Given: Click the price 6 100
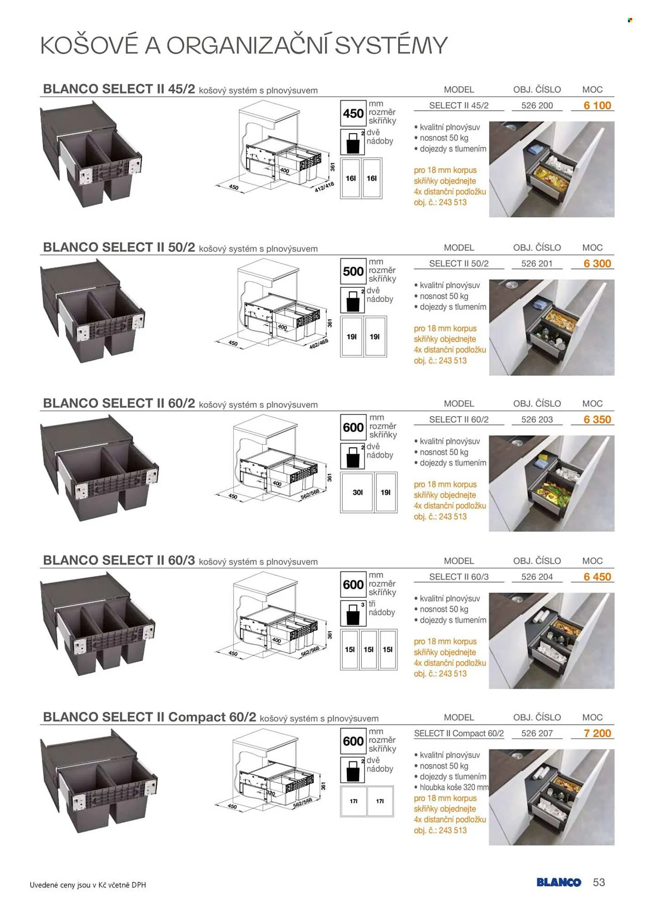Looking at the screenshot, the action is click(x=597, y=105).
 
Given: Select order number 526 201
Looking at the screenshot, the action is click(x=537, y=264).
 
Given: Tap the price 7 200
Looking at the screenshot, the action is click(x=597, y=733).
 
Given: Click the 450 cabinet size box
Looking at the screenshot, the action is click(x=353, y=113).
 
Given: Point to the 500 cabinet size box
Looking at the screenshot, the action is click(x=353, y=271).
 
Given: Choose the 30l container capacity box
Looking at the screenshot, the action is click(x=358, y=492).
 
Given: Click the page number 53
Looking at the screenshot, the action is click(x=598, y=882).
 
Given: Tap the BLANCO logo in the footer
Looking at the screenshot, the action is click(x=559, y=882).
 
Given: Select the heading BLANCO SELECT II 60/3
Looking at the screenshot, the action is click(x=119, y=560).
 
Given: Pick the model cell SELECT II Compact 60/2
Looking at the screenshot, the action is click(x=459, y=733).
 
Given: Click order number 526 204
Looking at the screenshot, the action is click(x=537, y=577).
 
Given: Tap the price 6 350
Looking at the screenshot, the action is click(x=597, y=420).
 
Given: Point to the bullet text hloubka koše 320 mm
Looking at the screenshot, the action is click(x=454, y=787).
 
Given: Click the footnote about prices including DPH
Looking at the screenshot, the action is click(x=88, y=885).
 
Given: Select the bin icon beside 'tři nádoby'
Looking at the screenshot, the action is click(x=353, y=613).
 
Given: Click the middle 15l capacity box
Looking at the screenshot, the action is click(x=369, y=650).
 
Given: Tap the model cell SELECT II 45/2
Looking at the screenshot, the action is click(x=459, y=105).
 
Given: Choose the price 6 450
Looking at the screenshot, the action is click(x=597, y=577).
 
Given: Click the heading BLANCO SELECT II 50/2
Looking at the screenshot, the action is click(x=119, y=247).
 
